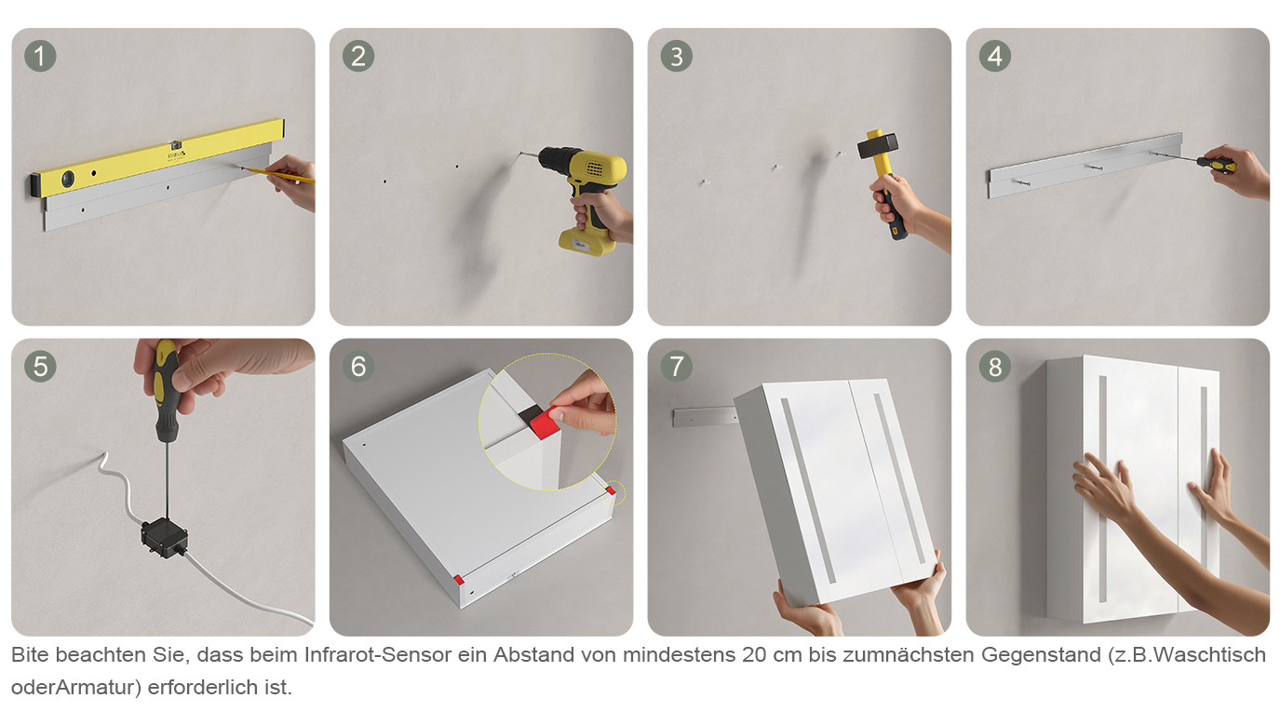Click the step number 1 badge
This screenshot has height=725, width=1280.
pyautogui.click(x=40, y=56)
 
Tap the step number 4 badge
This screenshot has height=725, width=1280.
pyautogui.click(x=995, y=56)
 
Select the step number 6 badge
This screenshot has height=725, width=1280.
pyautogui.click(x=358, y=366)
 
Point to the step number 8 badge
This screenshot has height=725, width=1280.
pyautogui.click(x=995, y=366)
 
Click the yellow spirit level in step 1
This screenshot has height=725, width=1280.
pyautogui.click(x=157, y=158)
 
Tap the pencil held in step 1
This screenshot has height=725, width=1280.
pyautogui.click(x=277, y=174)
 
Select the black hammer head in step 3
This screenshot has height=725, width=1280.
pyautogui.click(x=878, y=146)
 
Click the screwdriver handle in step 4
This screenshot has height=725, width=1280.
pyautogui.click(x=1216, y=165)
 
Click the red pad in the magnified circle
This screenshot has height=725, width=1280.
pyautogui.click(x=545, y=423)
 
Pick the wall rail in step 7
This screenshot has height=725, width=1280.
pyautogui.click(x=705, y=416)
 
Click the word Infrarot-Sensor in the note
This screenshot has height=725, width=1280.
pyautogui.click(x=378, y=654)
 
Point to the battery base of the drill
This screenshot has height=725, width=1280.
pyautogui.click(x=586, y=241)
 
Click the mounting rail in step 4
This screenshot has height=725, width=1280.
pyautogui.click(x=1084, y=165)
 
